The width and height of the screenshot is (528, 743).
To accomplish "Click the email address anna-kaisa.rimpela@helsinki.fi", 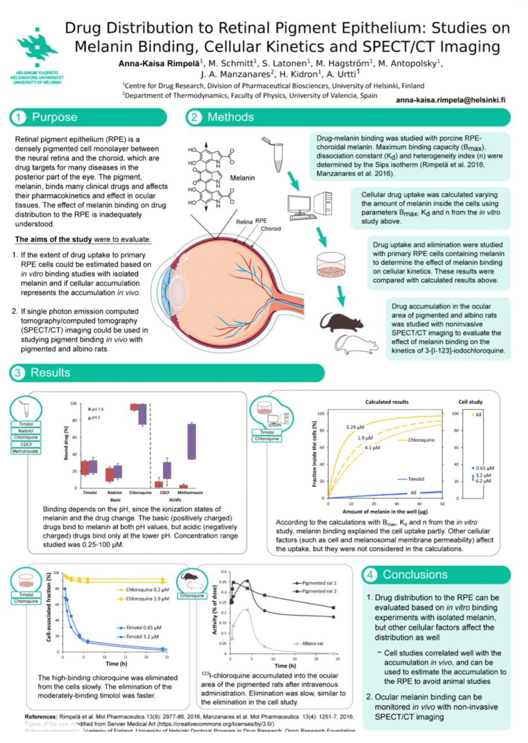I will click(450, 100).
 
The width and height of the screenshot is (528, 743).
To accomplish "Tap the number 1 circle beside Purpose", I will click(19, 117).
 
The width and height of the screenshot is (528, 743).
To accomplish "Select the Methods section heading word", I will click(231, 117).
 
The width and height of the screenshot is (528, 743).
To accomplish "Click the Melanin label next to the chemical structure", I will click(242, 177).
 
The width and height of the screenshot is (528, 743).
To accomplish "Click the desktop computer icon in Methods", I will click(310, 206).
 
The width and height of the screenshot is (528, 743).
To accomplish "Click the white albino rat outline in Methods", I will click(356, 344).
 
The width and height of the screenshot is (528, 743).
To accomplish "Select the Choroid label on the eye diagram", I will click(270, 229).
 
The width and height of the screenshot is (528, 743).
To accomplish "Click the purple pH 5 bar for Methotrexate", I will click(192, 441).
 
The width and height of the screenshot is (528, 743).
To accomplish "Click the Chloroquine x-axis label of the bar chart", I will click(140, 493).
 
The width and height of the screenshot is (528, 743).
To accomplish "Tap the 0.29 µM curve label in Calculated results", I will click(355, 427).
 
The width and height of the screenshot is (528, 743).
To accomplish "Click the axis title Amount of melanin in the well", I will click(385, 511).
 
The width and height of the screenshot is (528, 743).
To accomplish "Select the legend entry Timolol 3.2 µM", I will click(142, 637).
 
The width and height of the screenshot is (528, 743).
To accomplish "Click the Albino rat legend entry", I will click(312, 643).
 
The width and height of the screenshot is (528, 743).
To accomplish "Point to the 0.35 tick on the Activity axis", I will click(222, 582).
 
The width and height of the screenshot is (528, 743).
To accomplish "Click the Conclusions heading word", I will click(415, 574).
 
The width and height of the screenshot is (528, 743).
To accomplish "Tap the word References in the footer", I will click(41, 717).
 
